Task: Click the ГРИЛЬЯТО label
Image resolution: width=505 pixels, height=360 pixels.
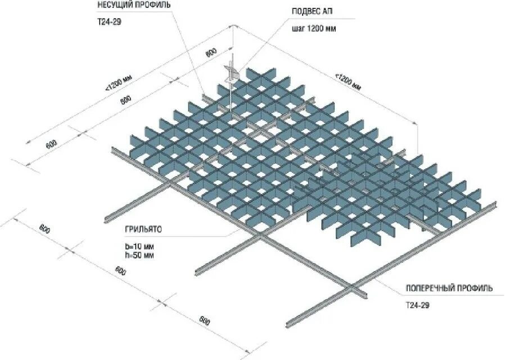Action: (x=143, y=230)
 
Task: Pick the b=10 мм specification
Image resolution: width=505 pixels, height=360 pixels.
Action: (x=139, y=246)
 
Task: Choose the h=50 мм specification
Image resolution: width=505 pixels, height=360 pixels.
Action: (x=139, y=255)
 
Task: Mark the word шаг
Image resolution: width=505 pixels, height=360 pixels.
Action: (x=299, y=28)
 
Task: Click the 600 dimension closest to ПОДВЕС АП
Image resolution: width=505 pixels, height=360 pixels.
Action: (x=211, y=53)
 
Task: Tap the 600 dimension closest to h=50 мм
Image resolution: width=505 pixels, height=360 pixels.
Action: (x=120, y=271)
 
